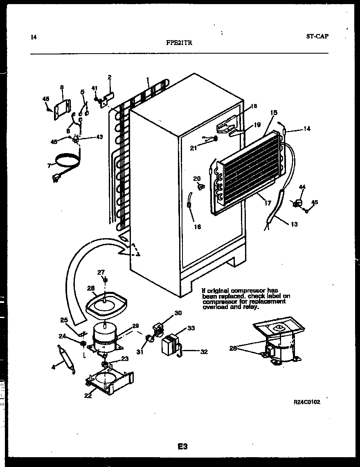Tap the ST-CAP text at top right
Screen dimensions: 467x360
pyautogui.click(x=317, y=36)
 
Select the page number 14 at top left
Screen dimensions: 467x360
pyautogui.click(x=34, y=37)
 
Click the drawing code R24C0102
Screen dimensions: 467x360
pyautogui.click(x=307, y=402)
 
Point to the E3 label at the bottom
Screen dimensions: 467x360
pyautogui.click(x=182, y=447)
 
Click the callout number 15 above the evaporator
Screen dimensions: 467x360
pyautogui.click(x=274, y=113)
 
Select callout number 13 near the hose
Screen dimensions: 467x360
pyautogui.click(x=294, y=224)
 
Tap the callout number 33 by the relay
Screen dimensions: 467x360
pyautogui.click(x=191, y=328)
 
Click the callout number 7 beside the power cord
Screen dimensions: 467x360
pyautogui.click(x=49, y=165)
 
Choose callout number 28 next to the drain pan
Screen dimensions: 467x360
pyautogui.click(x=90, y=288)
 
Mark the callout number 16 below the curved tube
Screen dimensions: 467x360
pyautogui.click(x=198, y=227)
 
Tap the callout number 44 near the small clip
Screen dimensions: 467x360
pyautogui.click(x=302, y=187)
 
